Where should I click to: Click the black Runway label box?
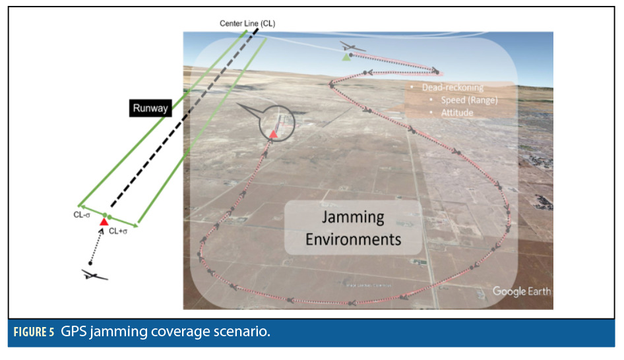[150, 107]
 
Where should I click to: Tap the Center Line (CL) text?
[247, 24]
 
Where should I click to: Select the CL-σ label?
[82, 214]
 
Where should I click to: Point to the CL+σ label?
[119, 231]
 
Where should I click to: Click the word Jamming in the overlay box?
[352, 218]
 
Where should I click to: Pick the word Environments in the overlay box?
[353, 238]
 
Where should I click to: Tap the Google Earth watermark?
[521, 291]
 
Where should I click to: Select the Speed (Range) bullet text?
[469, 100]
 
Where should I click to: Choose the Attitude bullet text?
[456, 113]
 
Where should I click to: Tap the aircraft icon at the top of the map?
[352, 47]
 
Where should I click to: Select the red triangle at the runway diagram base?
[104, 222]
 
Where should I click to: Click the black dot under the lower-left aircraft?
[91, 263]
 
